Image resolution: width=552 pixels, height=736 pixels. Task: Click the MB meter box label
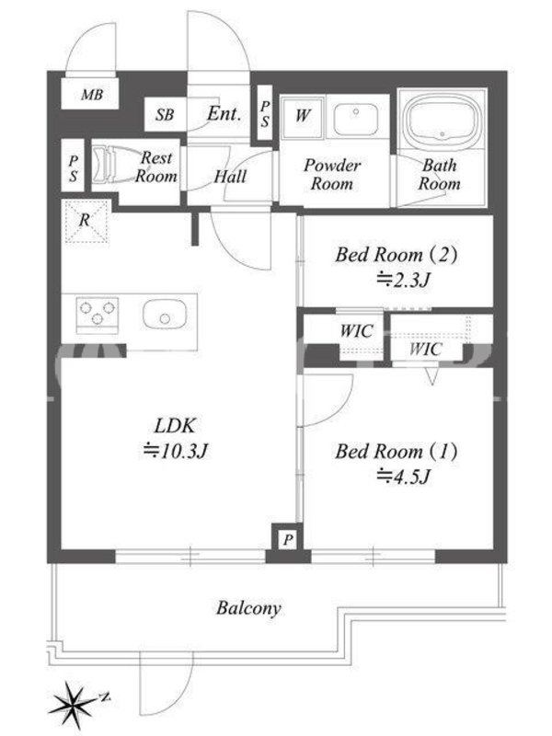point(91,95)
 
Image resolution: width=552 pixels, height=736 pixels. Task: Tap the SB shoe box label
point(165,114)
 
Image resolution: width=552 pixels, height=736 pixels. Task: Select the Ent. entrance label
point(224,113)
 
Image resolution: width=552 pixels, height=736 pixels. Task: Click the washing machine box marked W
point(303,118)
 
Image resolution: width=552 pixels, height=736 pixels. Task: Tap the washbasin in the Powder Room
point(356,120)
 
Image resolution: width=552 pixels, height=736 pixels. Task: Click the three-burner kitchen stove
point(98,313)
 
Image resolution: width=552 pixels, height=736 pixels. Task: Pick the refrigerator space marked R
point(86,222)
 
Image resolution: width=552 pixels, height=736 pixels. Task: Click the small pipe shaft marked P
point(287,540)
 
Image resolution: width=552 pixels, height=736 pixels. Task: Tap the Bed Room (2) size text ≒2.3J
point(403,281)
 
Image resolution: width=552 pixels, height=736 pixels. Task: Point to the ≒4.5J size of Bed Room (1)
point(403,477)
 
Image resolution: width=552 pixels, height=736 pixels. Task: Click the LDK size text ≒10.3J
point(176,451)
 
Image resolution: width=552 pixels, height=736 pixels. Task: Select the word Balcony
point(248,608)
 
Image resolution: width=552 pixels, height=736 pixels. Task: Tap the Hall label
point(230,177)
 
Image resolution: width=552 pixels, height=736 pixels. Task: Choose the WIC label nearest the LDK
point(356,331)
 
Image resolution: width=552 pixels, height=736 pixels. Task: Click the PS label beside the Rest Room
point(73,168)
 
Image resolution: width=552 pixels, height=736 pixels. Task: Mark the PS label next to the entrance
point(265,113)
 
